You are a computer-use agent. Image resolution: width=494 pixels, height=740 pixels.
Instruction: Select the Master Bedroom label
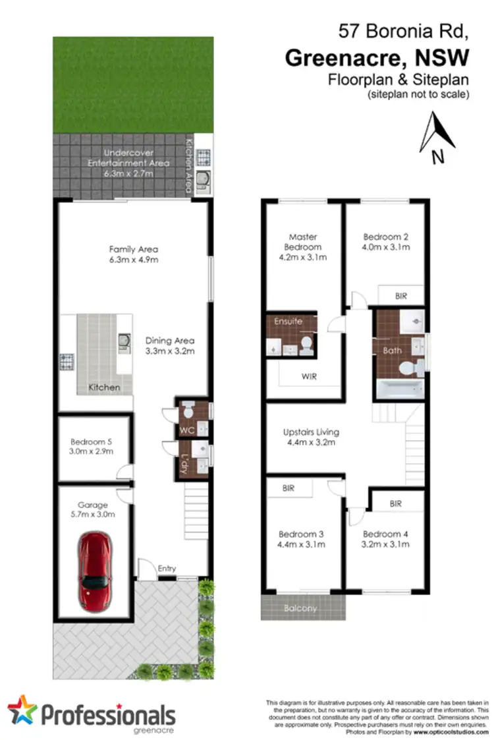(x=302, y=242)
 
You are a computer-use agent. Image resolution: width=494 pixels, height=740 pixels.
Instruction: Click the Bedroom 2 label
(x=386, y=237)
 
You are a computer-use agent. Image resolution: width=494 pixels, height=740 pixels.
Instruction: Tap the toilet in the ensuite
(x=305, y=343)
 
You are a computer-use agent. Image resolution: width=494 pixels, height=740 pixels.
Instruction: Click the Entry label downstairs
(x=166, y=567)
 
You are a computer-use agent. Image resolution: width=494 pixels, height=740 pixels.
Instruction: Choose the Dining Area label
(x=170, y=341)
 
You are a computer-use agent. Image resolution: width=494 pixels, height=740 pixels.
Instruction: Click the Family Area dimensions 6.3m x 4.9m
(x=134, y=260)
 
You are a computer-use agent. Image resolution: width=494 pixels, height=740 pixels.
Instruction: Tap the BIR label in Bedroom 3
(x=288, y=488)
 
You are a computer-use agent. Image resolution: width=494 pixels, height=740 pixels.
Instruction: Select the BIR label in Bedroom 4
(x=395, y=503)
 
